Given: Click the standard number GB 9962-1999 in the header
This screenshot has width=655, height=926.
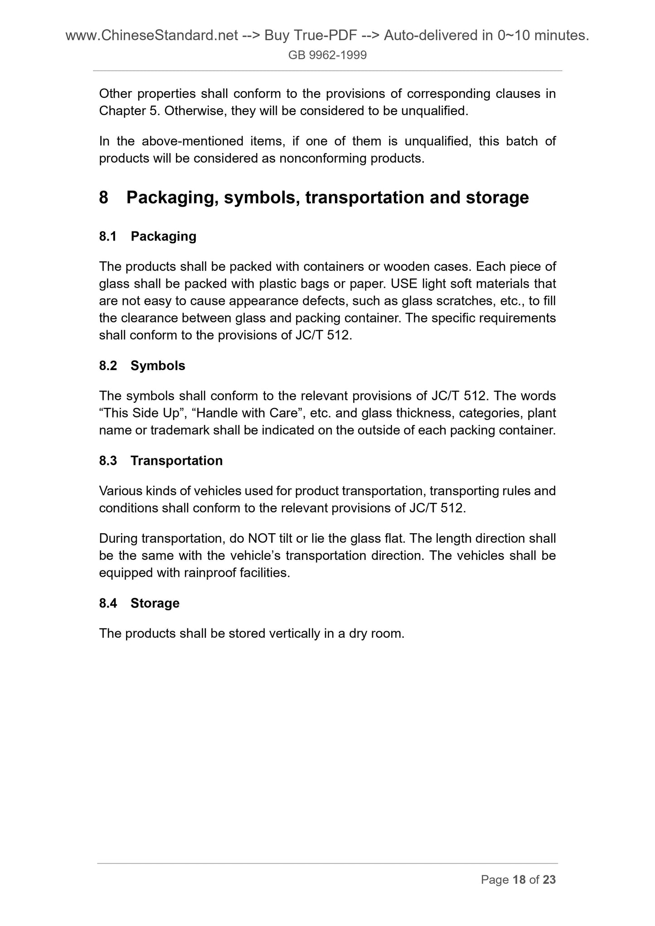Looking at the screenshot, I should click(327, 55).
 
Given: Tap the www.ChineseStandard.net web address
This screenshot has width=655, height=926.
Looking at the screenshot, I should click(152, 35).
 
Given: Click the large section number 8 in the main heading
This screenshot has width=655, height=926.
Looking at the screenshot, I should click(104, 198).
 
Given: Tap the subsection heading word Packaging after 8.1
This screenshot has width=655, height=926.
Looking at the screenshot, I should click(163, 236).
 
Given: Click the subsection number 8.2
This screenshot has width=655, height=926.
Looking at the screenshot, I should click(108, 366).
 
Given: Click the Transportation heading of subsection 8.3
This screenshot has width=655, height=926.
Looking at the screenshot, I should click(176, 461).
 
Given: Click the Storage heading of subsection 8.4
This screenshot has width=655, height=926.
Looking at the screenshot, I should click(155, 603).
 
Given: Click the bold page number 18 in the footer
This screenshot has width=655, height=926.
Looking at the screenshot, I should click(519, 880).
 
